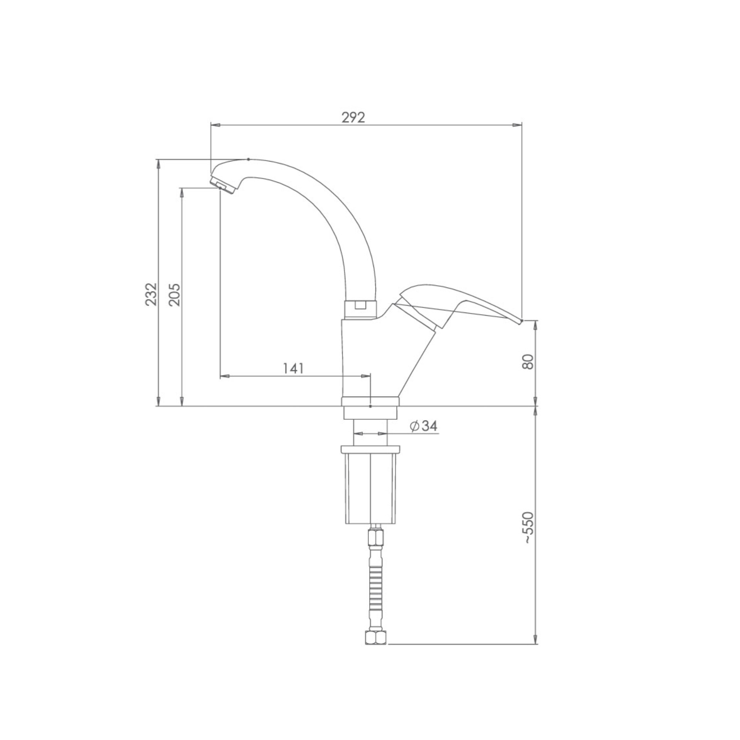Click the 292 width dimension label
point(353,118)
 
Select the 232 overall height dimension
point(151,294)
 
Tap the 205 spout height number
point(175,294)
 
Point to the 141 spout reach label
point(294,368)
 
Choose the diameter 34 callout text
point(424,426)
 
